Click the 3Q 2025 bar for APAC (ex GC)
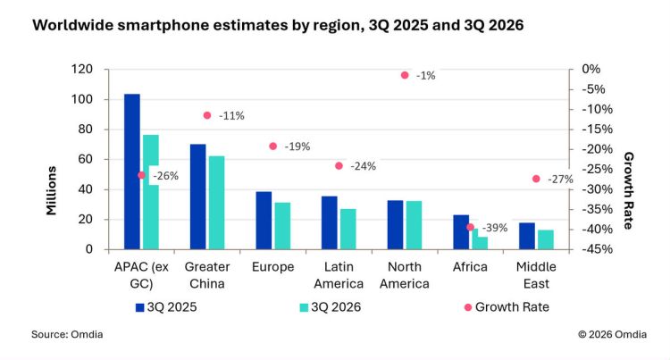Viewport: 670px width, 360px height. click(132, 172)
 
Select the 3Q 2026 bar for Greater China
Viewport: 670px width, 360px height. click(217, 203)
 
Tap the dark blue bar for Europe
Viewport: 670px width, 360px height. click(264, 221)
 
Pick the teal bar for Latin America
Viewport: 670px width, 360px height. click(348, 229)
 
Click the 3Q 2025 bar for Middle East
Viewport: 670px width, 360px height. click(527, 236)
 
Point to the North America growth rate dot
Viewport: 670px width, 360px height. click(405, 75)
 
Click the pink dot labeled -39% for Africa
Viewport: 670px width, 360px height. click(471, 227)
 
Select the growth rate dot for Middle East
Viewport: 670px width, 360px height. click(536, 179)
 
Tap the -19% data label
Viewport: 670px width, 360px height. click(297, 147)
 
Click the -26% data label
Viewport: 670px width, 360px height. click(166, 175)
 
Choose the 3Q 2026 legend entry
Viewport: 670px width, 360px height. click(331, 307)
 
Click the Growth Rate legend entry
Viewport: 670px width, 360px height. click(507, 307)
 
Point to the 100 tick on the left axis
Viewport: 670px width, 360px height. click(81, 99)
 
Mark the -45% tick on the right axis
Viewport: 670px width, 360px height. click(597, 249)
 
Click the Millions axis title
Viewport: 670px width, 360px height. click(51, 190)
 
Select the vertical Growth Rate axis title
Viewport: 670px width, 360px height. click(628, 190)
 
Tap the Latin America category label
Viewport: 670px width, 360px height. click(339, 275)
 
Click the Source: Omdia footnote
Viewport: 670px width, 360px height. click(67, 334)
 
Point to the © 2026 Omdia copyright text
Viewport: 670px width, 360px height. click(612, 334)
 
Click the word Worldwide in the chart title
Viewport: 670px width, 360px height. click(72, 25)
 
